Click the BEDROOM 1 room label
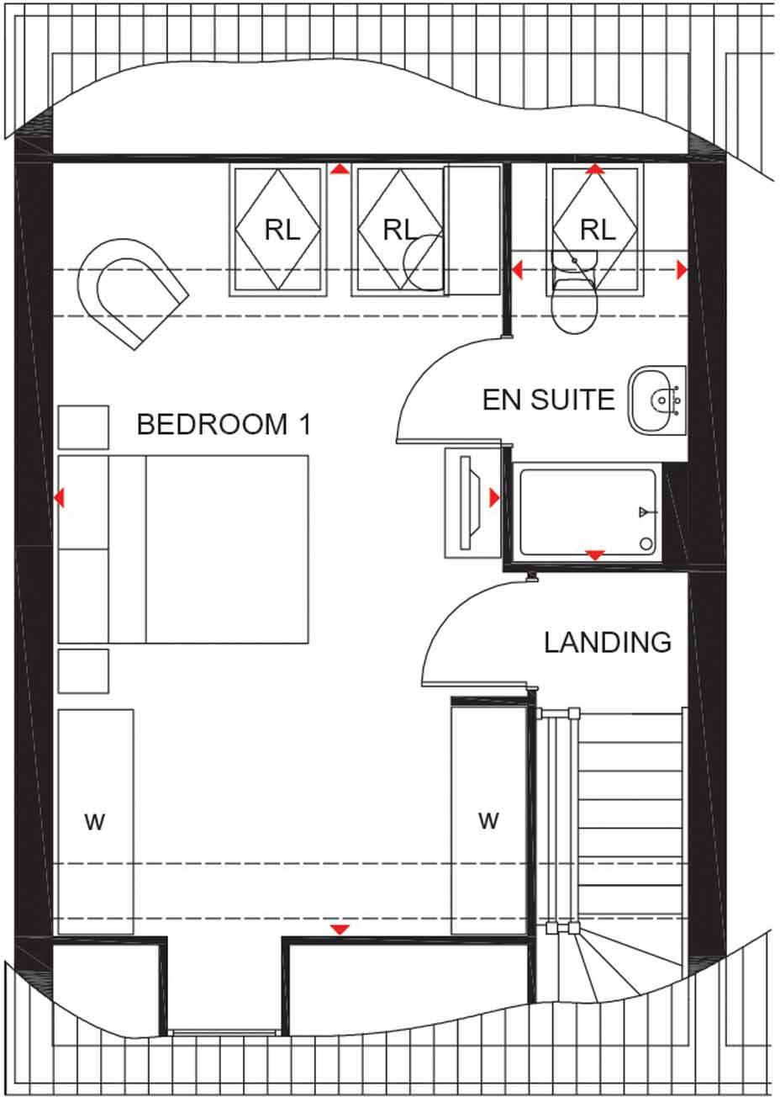coord(224,425)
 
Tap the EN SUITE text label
coord(548,400)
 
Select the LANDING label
coord(607,643)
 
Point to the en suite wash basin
coord(656,401)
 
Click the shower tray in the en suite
coord(588,511)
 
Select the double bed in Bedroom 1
coord(183,549)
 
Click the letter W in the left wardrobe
coord(95,822)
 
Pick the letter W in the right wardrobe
coord(488,819)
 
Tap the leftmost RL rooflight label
coord(282,230)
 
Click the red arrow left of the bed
coord(60,498)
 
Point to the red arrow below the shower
coord(595,555)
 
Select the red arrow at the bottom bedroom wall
coord(339,930)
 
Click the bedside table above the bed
coord(83,427)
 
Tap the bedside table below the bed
coord(83,670)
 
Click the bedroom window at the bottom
coord(223,1032)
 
